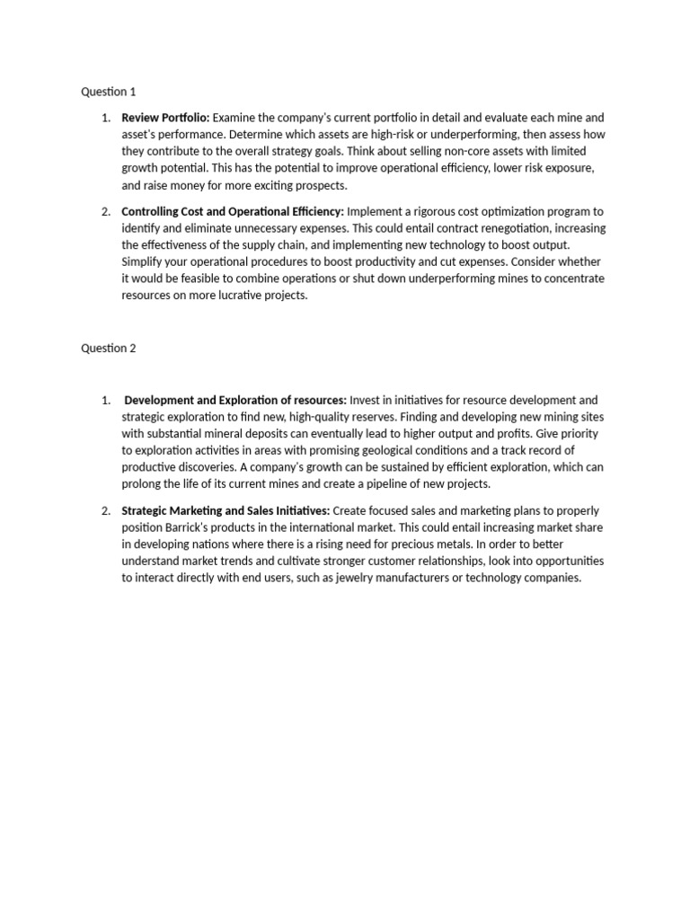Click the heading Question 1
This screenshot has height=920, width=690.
(109, 92)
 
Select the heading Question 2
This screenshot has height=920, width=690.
(109, 349)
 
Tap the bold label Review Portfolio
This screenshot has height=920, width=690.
(165, 118)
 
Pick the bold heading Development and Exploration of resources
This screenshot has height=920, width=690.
(235, 400)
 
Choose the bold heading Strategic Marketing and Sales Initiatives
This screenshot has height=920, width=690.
(226, 510)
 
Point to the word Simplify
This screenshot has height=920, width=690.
(144, 261)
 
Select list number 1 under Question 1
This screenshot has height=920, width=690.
(105, 118)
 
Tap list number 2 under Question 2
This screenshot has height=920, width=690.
(105, 510)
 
